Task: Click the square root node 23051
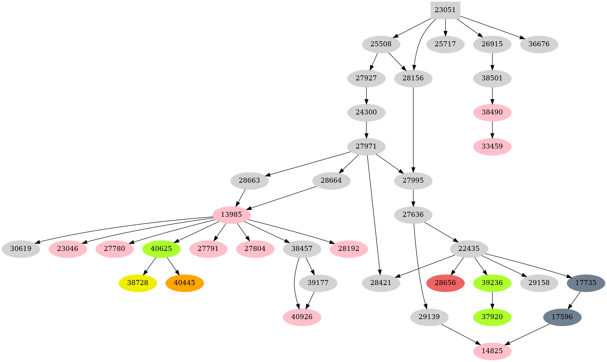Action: click(x=445, y=10)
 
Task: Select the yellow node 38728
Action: click(x=137, y=283)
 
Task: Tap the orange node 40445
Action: click(x=184, y=283)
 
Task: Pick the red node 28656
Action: click(x=445, y=283)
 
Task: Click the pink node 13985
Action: click(x=231, y=215)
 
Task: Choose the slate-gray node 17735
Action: click(x=586, y=283)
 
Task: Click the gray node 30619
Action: click(x=21, y=249)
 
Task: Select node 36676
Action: click(x=539, y=45)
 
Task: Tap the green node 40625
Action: click(x=161, y=249)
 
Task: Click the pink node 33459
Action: click(x=492, y=146)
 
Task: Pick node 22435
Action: click(x=469, y=249)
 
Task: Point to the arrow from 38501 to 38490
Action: click(x=492, y=95)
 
